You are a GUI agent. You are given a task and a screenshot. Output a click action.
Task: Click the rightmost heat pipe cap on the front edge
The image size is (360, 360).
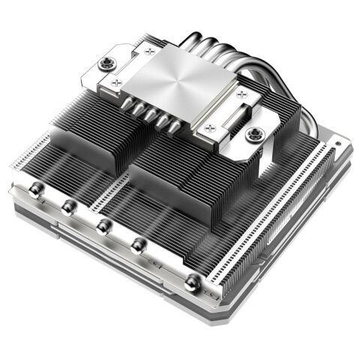click(x=191, y=281)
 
